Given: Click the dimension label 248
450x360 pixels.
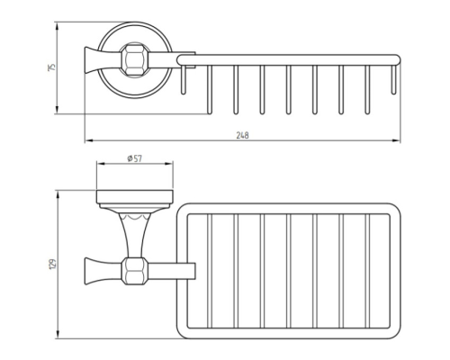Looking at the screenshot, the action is tap(242, 135).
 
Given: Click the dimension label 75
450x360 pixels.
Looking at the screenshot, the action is tap(51, 67).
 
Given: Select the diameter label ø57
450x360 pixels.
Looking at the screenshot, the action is tap(135, 158).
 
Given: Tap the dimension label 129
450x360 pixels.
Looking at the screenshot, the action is tap(52, 264).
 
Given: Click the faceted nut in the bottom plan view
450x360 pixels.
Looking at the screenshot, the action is tap(135, 271).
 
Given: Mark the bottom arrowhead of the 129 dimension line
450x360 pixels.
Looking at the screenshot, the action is tap(58, 335).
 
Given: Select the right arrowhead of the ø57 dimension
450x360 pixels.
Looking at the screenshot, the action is tap(169, 164).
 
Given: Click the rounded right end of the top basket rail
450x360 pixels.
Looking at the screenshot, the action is tap(397, 60).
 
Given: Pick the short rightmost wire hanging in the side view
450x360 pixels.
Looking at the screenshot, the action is tap(393, 80).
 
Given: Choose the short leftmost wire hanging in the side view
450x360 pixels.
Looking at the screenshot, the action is tap(184, 80).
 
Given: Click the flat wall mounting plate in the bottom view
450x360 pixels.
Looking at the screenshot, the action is tap(135, 197).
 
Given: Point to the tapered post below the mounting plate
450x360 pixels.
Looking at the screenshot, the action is tap(134, 236).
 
